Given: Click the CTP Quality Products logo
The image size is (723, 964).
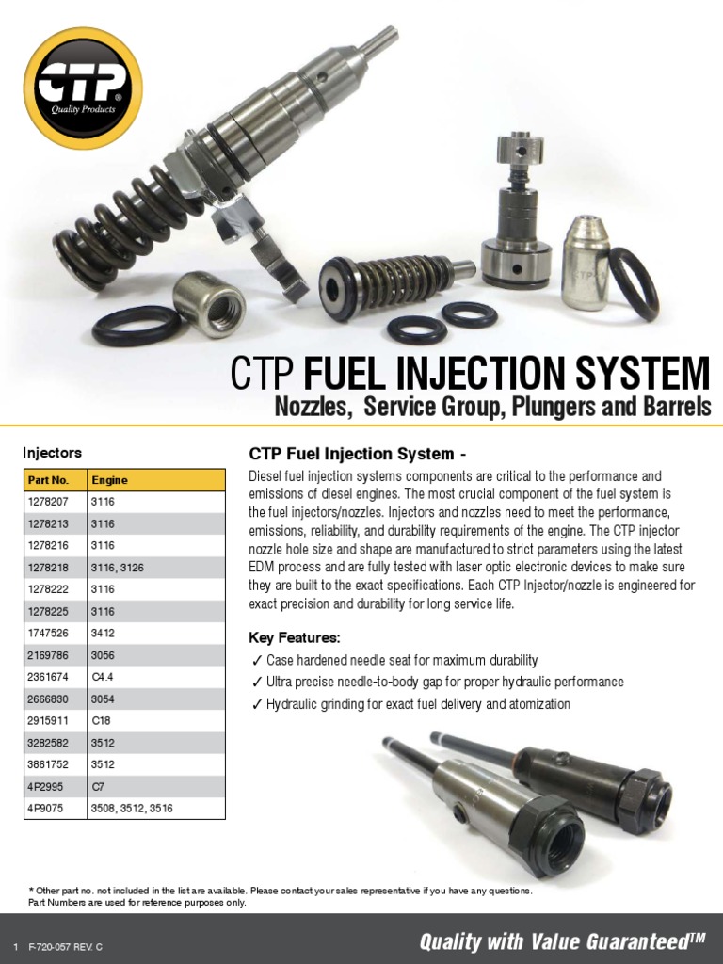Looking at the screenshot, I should (83, 88).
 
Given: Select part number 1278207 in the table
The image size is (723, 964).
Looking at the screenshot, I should (48, 502).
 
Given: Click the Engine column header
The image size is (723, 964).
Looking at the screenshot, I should (109, 479).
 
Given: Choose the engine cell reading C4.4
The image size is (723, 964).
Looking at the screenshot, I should (103, 677).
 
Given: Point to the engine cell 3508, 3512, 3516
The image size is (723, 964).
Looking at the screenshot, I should (132, 808).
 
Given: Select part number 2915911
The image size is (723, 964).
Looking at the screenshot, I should (48, 720).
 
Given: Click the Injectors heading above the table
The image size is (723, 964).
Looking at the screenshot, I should (53, 452).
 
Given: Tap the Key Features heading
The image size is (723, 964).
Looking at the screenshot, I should (294, 637).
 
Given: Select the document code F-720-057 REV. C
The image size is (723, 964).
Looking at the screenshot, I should (66, 946).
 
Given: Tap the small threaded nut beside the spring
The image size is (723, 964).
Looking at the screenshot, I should (209, 303).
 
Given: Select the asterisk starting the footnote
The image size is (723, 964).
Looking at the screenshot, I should (31, 890).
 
